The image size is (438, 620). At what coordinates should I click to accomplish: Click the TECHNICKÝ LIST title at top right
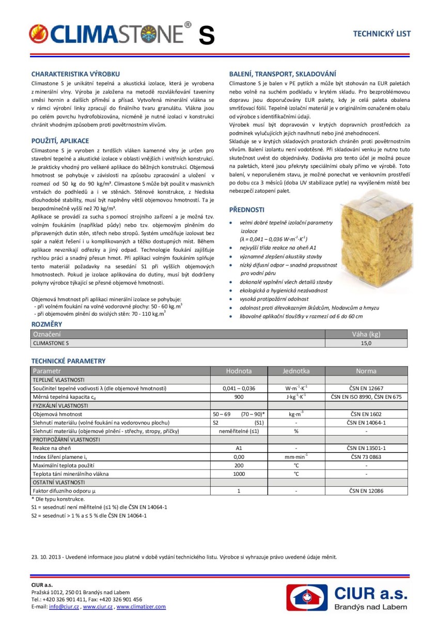382,34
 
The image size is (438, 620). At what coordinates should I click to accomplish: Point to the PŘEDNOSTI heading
247,210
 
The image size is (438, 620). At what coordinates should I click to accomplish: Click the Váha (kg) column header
366,334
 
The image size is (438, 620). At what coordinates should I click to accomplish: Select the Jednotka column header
296,371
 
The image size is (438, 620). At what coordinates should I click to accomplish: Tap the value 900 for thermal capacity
239,396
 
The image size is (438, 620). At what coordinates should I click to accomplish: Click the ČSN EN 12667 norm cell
366,388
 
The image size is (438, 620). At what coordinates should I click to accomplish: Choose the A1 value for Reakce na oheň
239,448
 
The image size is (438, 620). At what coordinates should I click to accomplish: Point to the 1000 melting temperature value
239,473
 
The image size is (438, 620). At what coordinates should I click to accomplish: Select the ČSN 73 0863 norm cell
366,456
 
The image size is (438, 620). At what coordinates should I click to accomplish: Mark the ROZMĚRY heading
46,324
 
